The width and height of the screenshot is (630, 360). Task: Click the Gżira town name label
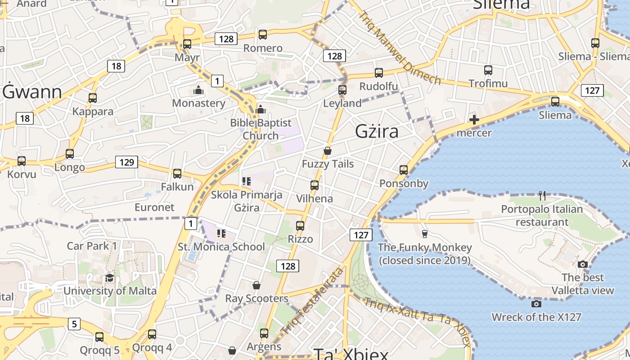point(377,131)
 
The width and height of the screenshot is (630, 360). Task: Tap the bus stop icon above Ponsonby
point(404,170)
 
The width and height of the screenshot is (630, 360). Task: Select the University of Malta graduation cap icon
point(109,278)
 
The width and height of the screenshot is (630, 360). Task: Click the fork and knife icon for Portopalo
point(542,195)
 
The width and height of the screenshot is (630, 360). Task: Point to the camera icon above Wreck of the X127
point(536,304)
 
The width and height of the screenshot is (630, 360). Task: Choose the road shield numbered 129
point(126,162)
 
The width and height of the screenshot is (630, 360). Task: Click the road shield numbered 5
point(74,324)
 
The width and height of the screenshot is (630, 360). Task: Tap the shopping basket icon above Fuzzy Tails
point(328,151)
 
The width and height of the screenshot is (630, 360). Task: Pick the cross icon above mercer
point(474,120)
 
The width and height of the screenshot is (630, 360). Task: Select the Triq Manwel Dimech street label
point(399,47)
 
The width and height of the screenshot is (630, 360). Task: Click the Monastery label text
point(198,103)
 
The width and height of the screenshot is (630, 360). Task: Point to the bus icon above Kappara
point(93,98)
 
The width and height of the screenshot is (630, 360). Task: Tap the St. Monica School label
point(221,247)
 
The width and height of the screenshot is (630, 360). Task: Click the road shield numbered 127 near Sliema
point(592,90)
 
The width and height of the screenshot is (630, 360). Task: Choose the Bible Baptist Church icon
point(261,109)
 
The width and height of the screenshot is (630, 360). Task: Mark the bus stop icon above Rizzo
point(300,225)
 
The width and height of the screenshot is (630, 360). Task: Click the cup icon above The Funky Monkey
point(424,234)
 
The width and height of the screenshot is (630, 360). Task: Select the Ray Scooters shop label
point(256,298)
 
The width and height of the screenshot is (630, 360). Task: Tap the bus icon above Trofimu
point(488,70)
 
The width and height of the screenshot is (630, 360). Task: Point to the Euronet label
point(154,207)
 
